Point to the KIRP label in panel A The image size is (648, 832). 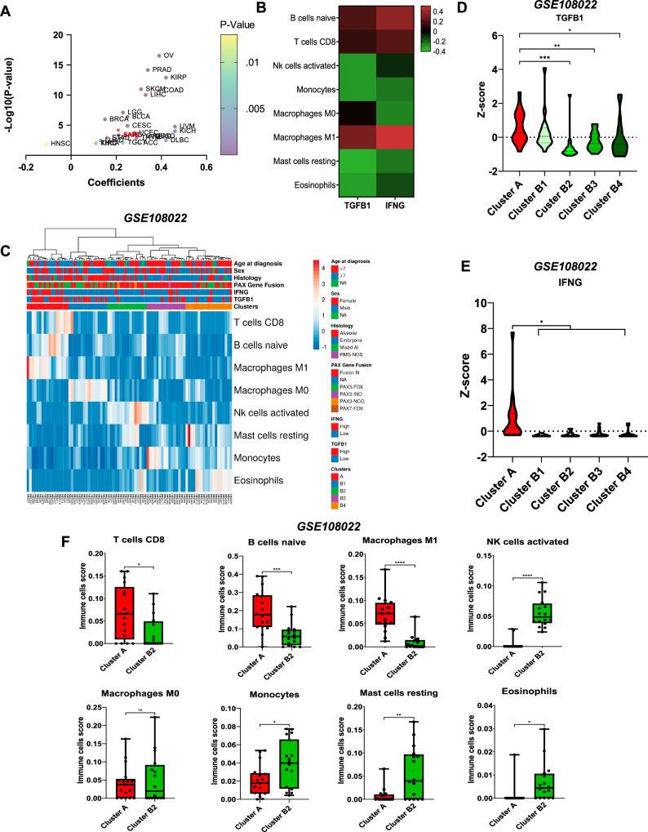pyautogui.click(x=180, y=78)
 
